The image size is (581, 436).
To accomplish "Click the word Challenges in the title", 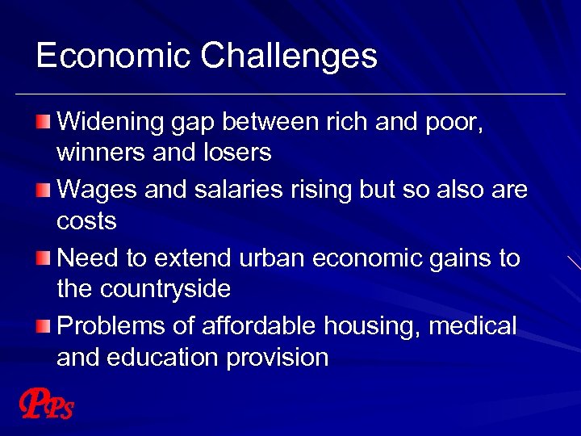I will [289, 57].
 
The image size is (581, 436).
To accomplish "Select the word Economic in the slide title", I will [114, 56].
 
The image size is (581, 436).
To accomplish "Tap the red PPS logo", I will [46, 406].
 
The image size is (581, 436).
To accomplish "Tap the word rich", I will [346, 122].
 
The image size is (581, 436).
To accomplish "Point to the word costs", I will [86, 220].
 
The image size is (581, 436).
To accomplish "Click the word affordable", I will [251, 326].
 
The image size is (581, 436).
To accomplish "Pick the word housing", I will [372, 327].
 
